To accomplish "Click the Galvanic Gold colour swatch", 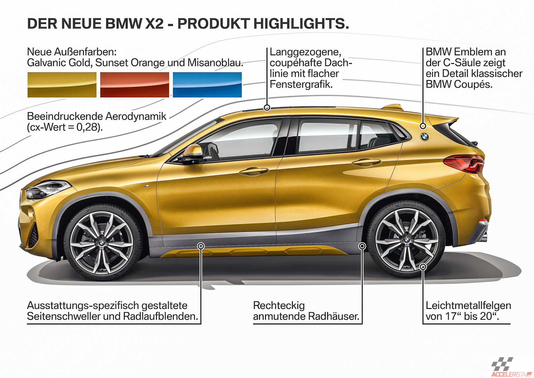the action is click(x=62, y=85).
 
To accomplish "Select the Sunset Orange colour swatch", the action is click(x=135, y=85).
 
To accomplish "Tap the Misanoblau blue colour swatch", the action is click(x=207, y=85).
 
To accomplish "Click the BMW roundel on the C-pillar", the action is click(x=424, y=136).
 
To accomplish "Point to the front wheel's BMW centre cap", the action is click(x=102, y=243).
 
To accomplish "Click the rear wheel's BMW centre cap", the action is click(x=407, y=239).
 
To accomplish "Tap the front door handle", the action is click(x=254, y=171).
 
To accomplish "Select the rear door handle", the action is click(x=366, y=162).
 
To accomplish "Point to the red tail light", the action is click(x=464, y=164).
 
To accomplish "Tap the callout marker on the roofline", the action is click(x=267, y=107).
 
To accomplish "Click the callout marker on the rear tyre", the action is click(x=423, y=267).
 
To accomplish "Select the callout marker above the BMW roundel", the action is click(x=423, y=126).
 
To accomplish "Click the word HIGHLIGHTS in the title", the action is click(x=301, y=24).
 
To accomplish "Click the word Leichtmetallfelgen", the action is click(x=468, y=305).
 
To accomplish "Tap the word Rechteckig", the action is click(x=279, y=306).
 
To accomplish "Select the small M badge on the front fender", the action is click(x=146, y=186).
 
